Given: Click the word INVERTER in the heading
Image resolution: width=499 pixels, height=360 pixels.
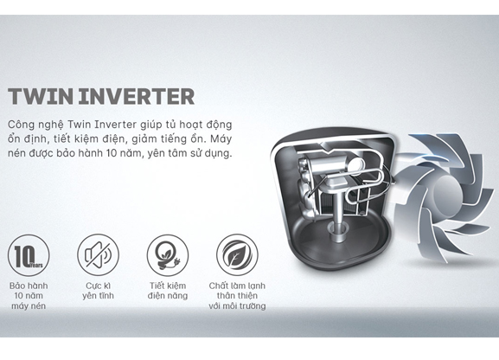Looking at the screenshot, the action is (x=137, y=96).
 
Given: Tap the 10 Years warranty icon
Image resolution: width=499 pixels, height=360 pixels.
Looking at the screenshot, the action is (x=29, y=255).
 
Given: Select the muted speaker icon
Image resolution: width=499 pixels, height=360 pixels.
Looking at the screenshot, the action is (x=98, y=255).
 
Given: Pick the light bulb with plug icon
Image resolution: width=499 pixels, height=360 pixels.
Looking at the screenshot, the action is (x=168, y=255).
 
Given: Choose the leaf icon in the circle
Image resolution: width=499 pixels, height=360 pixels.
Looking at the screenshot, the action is (x=237, y=255).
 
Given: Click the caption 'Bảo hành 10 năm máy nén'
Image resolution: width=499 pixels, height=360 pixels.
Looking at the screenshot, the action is (x=29, y=296).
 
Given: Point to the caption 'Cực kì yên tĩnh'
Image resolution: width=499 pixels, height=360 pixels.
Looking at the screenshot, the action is (x=98, y=291).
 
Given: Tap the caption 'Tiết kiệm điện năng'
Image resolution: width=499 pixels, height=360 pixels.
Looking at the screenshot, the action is (x=168, y=291).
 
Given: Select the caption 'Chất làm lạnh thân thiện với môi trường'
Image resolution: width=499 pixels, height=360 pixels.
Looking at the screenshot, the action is (x=237, y=296).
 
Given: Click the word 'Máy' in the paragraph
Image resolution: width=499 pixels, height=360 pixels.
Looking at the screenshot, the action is (x=221, y=139).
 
